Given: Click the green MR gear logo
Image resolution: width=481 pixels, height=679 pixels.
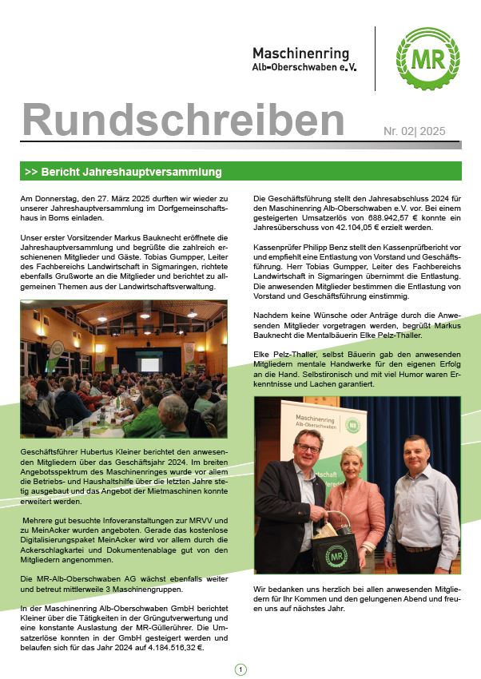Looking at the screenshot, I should [427, 58].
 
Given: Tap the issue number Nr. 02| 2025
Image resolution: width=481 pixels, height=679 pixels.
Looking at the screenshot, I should [414, 131].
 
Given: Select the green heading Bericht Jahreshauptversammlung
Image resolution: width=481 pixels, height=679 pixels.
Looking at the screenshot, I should [129, 172].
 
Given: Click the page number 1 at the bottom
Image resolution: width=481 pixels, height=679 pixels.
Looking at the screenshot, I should [240, 669].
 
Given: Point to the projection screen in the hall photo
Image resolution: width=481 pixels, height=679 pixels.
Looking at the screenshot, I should [149, 364].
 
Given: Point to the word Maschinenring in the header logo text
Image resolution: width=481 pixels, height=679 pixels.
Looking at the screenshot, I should [300, 53].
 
